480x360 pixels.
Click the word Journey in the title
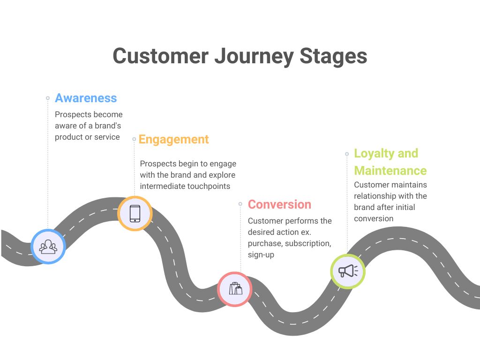click(254, 57)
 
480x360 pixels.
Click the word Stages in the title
click(333, 56)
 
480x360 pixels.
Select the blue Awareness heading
click(86, 98)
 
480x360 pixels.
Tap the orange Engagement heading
click(173, 140)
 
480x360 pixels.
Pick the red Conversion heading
click(279, 204)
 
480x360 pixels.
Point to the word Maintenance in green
click(390, 171)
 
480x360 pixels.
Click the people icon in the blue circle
click(48, 247)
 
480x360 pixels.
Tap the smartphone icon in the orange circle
click(135, 213)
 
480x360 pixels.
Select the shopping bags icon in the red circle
click(235, 288)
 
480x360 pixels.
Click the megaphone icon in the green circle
click(348, 271)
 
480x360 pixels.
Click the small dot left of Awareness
click(48, 98)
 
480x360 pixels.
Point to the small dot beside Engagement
click(134, 139)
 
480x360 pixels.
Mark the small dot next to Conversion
click(240, 203)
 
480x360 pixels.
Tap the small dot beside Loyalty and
click(347, 154)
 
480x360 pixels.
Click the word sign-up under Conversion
click(261, 255)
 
